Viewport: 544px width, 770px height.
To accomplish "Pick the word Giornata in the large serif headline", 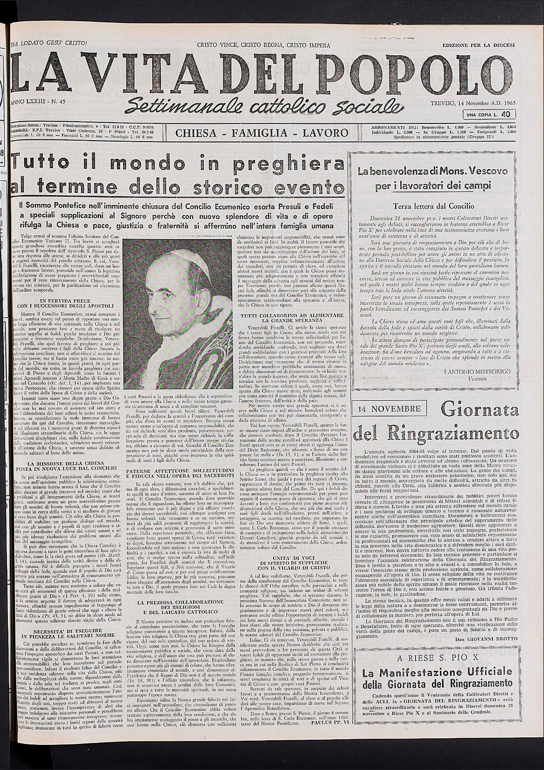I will [479, 411].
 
